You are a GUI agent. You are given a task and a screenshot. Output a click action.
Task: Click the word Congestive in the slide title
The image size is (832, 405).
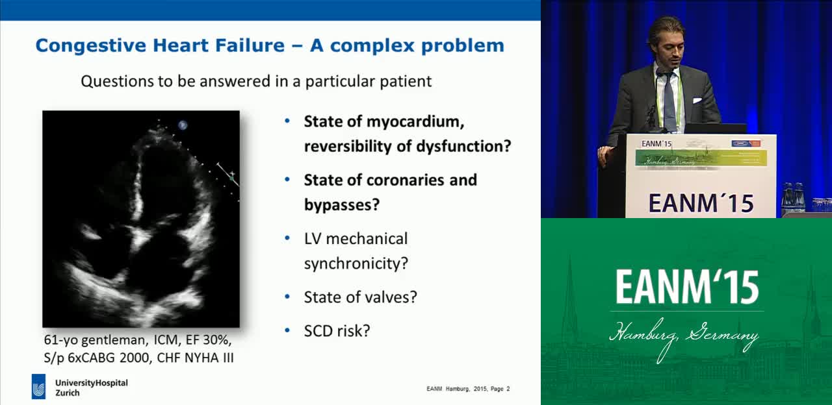pos(91,46)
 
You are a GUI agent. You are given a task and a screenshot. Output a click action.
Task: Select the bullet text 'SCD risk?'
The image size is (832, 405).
pos(337,331)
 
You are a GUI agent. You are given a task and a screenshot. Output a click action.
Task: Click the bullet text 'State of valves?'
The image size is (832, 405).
pos(360,297)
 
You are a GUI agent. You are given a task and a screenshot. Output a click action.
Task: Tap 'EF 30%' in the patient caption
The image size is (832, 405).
pos(209,340)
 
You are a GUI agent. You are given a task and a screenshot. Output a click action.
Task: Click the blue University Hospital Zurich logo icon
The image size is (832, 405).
pos(38,386)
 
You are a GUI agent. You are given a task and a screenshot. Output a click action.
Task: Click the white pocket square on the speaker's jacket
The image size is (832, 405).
pos(697,100)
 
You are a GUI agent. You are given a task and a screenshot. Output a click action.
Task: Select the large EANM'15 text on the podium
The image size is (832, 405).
pos(701,203)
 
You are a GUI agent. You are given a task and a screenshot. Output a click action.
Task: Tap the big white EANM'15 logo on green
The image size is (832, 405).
pos(687,287)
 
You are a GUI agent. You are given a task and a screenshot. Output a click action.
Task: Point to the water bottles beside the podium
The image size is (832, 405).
pos(792,198)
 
